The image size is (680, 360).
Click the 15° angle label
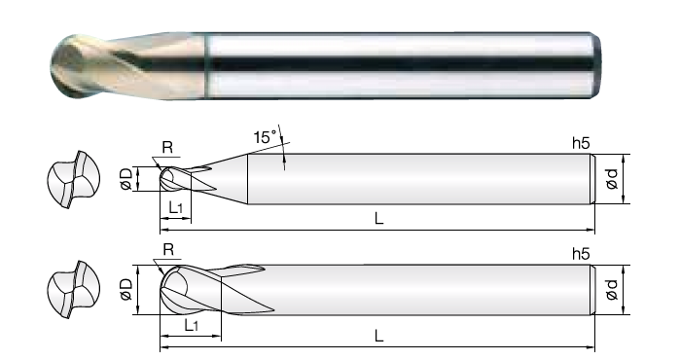(x=265, y=137)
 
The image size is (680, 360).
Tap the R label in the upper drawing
(x=167, y=148)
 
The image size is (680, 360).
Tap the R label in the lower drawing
(x=168, y=249)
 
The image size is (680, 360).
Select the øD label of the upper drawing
(x=126, y=179)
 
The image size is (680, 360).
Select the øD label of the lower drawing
(x=126, y=289)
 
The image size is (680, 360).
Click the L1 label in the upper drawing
(x=176, y=208)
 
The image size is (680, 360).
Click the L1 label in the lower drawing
(x=192, y=324)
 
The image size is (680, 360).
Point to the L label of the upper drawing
(x=379, y=218)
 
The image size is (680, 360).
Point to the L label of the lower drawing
(x=379, y=336)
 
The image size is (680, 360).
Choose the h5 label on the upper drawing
(x=581, y=143)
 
